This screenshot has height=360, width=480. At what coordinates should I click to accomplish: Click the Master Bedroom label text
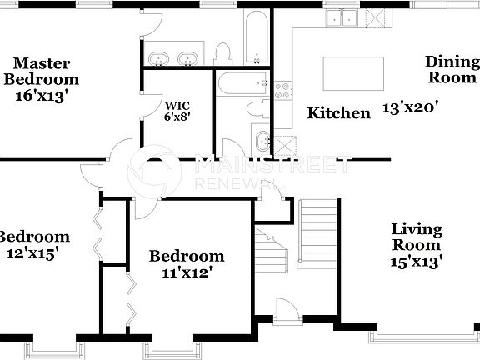click(42, 72)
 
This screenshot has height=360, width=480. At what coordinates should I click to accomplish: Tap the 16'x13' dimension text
click(42, 96)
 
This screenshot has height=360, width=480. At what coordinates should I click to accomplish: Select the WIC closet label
click(177, 106)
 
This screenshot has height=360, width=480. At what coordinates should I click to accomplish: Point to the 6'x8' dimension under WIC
click(177, 117)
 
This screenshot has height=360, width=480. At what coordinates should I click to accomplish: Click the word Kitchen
click(338, 113)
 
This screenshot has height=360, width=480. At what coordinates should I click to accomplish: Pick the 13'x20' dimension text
click(410, 107)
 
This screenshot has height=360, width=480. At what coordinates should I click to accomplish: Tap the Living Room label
click(417, 237)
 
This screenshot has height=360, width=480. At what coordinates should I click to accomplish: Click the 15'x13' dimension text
click(416, 261)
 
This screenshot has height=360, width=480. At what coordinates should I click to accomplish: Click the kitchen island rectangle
click(352, 72)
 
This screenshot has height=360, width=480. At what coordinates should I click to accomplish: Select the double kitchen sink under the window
click(342, 17)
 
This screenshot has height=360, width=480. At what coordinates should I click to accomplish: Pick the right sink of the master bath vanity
click(188, 58)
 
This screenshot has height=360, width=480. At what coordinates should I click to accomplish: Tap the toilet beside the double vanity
click(222, 54)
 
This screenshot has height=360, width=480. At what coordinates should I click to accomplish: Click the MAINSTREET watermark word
click(271, 165)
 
